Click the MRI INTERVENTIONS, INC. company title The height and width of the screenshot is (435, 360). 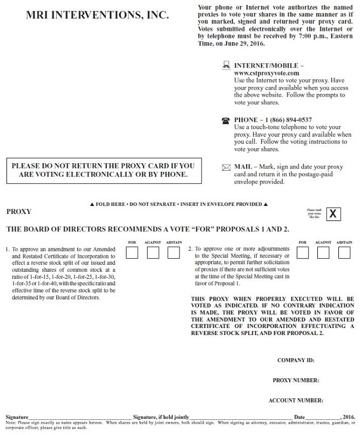[x=97, y=16]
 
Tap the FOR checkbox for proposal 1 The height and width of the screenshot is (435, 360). [x=132, y=252]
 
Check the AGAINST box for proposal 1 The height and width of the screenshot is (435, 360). [x=153, y=252]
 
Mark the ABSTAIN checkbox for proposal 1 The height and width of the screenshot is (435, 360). [x=174, y=252]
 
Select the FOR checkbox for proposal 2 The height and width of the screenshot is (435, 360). [x=303, y=252]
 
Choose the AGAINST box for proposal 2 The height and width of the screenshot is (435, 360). [x=323, y=252]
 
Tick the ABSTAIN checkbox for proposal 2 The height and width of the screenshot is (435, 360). [x=344, y=252]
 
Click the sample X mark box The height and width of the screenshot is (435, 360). [x=333, y=213]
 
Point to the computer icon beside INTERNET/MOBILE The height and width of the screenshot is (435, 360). [x=226, y=65]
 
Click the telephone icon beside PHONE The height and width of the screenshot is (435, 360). [x=226, y=121]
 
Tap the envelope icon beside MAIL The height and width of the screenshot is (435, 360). [x=226, y=168]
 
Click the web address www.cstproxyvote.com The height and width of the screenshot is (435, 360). [x=266, y=72]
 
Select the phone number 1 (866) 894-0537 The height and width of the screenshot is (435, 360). [x=289, y=119]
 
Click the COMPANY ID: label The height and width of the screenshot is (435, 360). [x=296, y=360]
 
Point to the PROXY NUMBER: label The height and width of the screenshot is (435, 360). [x=296, y=380]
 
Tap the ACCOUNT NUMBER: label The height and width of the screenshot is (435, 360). [x=296, y=400]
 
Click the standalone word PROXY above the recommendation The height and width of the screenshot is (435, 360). [x=19, y=212]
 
